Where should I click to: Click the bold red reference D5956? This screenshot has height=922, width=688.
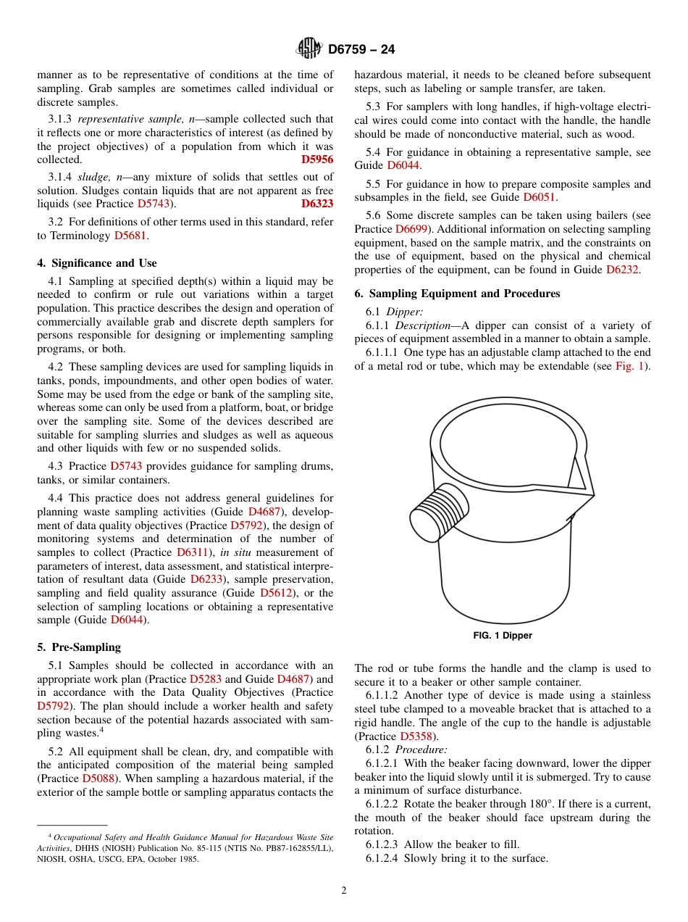click(x=316, y=159)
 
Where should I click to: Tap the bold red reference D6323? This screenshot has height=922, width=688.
click(x=316, y=204)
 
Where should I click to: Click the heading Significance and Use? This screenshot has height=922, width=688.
click(x=97, y=263)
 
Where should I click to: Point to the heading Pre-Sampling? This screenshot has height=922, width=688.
click(x=79, y=647)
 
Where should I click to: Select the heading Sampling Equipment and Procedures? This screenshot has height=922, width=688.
click(x=457, y=294)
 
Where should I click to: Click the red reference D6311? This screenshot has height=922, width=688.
click(x=192, y=552)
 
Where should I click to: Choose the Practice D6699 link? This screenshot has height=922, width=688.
click(x=411, y=229)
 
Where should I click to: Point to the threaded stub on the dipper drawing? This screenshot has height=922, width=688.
click(x=438, y=512)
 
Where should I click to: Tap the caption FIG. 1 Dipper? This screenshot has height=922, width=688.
click(x=502, y=636)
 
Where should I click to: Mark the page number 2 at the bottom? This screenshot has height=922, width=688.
click(x=344, y=891)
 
